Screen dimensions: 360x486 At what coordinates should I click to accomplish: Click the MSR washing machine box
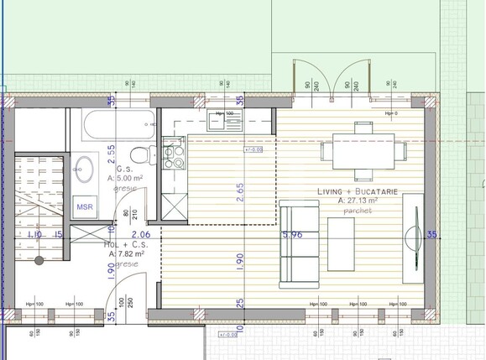[85, 206]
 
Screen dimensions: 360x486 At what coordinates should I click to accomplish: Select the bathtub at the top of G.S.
[118, 127]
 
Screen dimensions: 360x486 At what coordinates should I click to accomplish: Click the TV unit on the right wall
[412, 237]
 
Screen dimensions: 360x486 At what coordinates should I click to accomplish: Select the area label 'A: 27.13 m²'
[358, 201]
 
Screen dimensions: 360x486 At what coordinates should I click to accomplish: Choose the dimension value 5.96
[292, 235]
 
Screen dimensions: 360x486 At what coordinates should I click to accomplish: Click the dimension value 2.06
[141, 235]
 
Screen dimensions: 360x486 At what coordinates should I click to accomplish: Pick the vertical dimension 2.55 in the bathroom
[111, 157]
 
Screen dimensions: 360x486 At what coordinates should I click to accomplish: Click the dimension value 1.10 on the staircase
[34, 236]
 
